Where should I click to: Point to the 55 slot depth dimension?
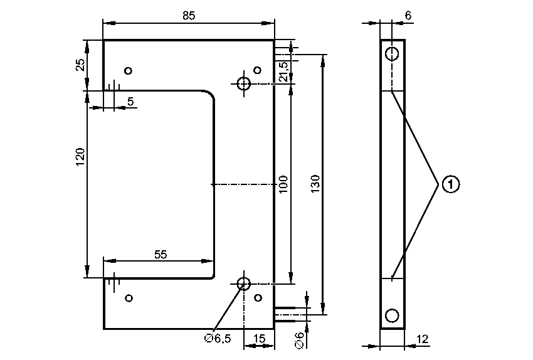click(x=161, y=254)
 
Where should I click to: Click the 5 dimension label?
click(x=130, y=100)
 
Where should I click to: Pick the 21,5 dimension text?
click(x=283, y=71)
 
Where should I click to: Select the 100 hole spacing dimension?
click(x=283, y=184)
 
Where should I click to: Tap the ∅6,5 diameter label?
click(x=218, y=339)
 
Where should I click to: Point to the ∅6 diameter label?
click(x=299, y=339)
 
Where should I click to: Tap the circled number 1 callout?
click(x=450, y=184)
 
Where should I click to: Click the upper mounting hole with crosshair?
click(x=243, y=83)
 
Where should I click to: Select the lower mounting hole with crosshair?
click(x=243, y=283)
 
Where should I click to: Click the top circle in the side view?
click(x=392, y=53)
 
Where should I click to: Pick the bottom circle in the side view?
click(x=392, y=315)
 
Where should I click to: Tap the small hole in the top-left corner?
click(x=129, y=70)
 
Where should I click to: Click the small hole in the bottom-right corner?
click(x=257, y=298)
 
